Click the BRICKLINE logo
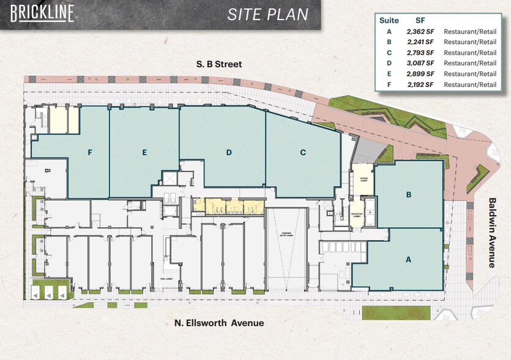42,13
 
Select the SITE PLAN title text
268,15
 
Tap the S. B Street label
219,64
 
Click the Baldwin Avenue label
491,232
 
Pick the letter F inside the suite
89,153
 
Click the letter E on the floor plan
144,153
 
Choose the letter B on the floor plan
409,196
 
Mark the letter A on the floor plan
408,259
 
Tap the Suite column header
389,20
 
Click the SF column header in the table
420,20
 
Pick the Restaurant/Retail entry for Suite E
470,73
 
